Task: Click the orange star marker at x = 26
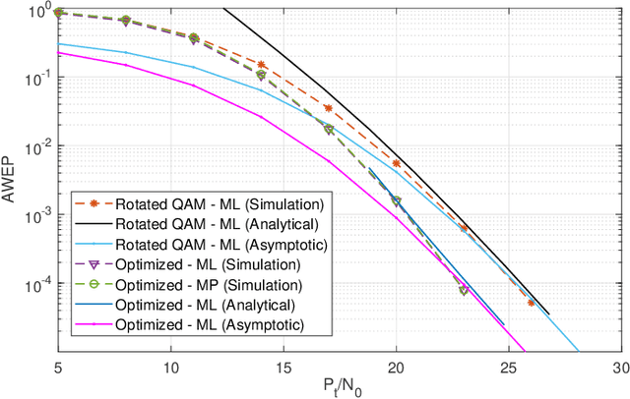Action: coord(531,303)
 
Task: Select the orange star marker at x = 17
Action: coord(329,108)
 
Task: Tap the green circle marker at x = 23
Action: coord(464,291)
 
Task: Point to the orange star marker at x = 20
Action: coord(396,164)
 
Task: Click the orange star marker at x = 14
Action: coord(261,65)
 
